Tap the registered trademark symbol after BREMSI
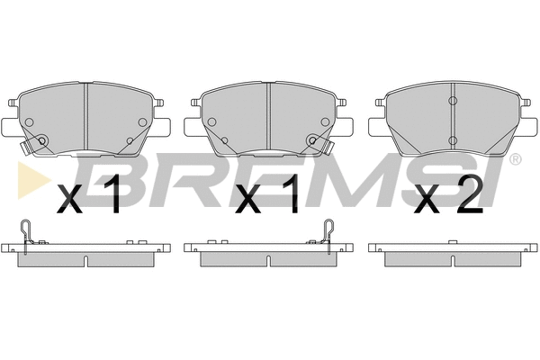(515, 160)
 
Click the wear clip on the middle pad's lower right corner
(313, 141)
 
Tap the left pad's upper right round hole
(141, 122)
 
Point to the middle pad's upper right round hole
(325, 122)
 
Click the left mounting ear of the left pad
(6, 125)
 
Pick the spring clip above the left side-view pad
(29, 232)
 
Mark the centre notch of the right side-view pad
(451, 260)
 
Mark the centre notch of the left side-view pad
(85, 260)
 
